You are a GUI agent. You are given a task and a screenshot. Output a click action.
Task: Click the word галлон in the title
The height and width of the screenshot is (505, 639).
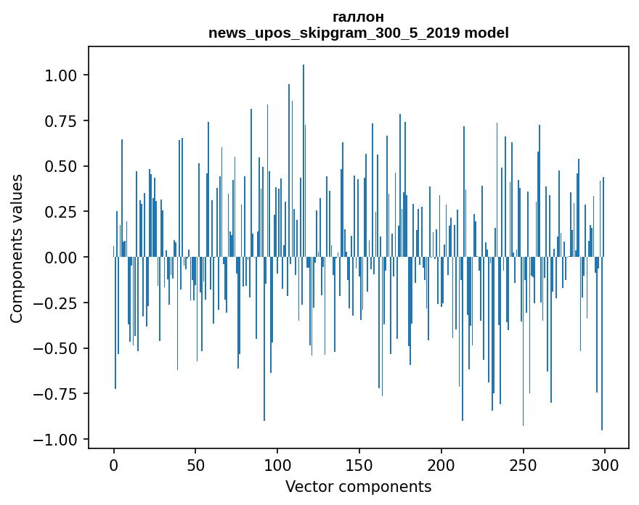tap(358, 17)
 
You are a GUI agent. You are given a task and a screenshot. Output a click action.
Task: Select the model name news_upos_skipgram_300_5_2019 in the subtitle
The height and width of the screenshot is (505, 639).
tap(335, 33)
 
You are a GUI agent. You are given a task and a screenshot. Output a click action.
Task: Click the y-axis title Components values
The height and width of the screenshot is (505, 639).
tap(17, 248)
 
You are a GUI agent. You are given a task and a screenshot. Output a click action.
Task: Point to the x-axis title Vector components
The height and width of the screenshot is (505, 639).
tap(358, 486)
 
